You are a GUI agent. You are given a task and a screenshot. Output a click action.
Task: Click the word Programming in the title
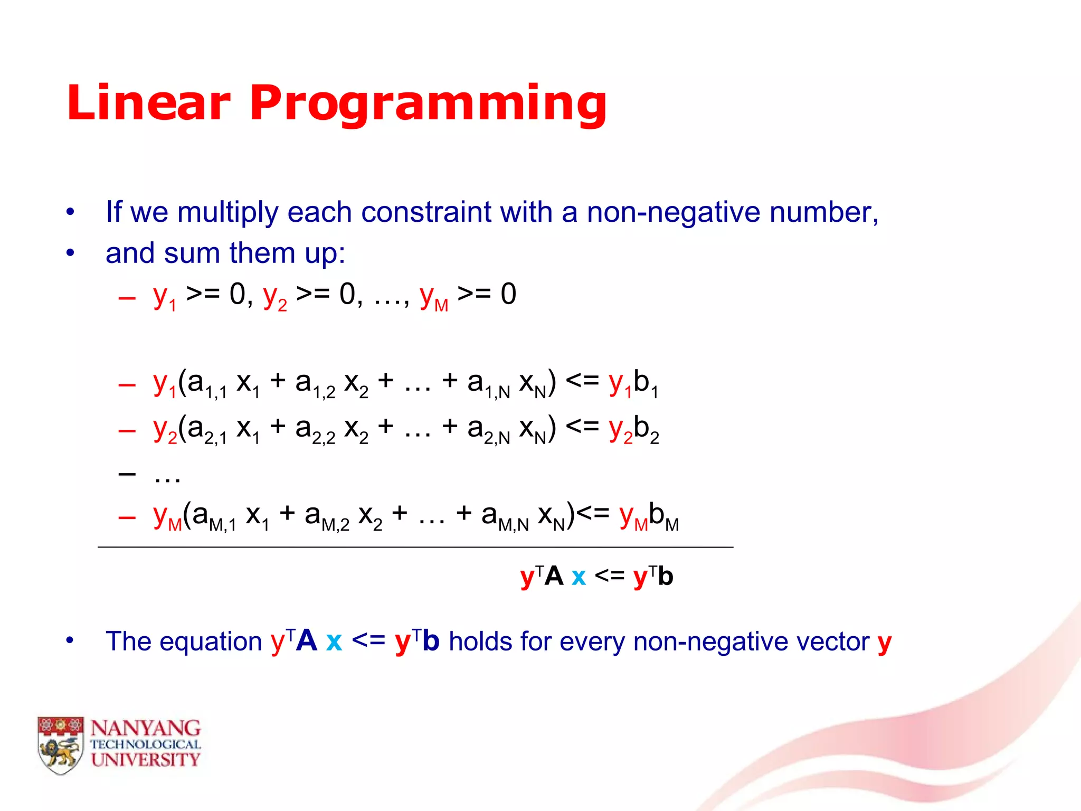428,103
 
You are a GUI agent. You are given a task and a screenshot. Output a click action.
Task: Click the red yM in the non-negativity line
433,297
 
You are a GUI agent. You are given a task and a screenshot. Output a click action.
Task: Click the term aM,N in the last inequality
505,516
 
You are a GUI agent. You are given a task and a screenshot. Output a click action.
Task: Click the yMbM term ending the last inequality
649,516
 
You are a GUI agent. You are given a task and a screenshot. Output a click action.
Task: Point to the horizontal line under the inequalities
415,548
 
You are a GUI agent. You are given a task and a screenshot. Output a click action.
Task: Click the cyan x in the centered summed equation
579,577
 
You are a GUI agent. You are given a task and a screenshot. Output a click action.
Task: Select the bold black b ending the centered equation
666,576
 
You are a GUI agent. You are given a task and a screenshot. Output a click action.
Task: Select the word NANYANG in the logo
145,728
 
